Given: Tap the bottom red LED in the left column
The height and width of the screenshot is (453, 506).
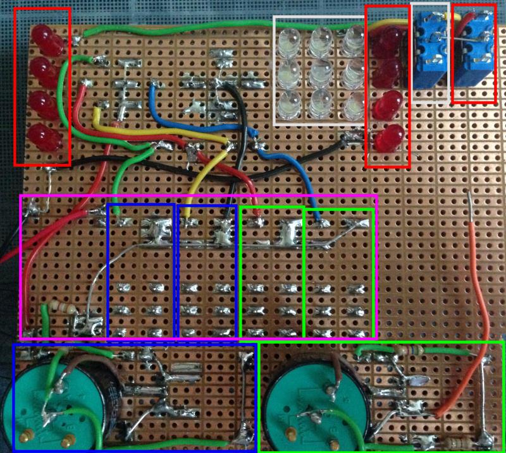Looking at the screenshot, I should tap(44, 136).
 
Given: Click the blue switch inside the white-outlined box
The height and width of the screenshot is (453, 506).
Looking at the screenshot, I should tap(431, 54).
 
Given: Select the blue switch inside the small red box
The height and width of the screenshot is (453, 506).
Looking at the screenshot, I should tap(474, 56).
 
